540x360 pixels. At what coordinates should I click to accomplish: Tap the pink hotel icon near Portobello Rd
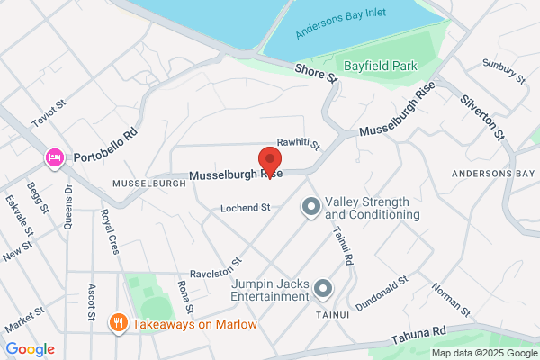pyautogui.click(x=54, y=159)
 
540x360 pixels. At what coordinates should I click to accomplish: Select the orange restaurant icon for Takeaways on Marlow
pyautogui.click(x=118, y=322)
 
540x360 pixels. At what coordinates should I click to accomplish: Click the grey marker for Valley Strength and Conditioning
pyautogui.click(x=311, y=208)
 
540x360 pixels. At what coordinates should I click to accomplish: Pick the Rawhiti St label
pyautogui.click(x=299, y=142)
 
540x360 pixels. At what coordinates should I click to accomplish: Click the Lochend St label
pyautogui.click(x=246, y=208)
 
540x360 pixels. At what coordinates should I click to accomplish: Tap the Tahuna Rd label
pyautogui.click(x=418, y=335)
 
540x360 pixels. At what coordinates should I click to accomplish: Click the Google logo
pyautogui.click(x=30, y=348)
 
